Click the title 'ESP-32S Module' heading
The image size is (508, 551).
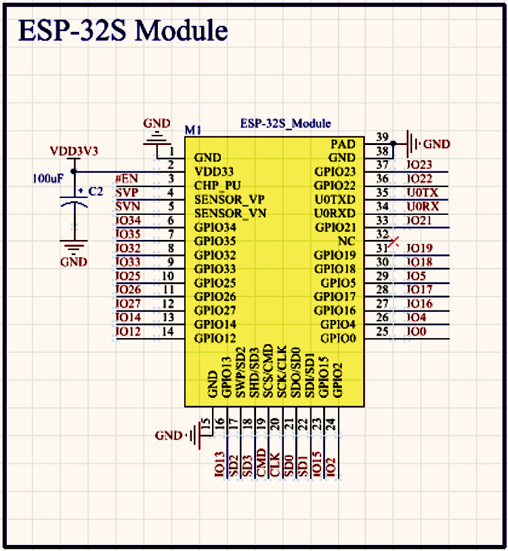[123, 30]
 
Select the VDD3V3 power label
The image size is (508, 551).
[74, 151]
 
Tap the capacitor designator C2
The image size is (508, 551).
[96, 192]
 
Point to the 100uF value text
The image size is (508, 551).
[48, 178]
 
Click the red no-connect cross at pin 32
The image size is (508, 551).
[394, 242]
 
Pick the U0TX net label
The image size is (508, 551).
[423, 192]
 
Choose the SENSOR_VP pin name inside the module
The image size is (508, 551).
[230, 200]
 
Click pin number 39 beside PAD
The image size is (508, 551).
[382, 137]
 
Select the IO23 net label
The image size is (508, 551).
[419, 165]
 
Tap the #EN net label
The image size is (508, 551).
[127, 178]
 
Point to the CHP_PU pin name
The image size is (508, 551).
[217, 186]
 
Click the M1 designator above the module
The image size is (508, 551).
[193, 130]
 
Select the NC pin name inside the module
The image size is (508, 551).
[347, 241]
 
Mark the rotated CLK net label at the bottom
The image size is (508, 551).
[275, 464]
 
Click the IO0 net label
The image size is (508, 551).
[417, 331]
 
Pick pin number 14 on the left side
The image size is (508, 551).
[168, 331]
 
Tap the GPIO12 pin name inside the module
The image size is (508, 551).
[215, 338]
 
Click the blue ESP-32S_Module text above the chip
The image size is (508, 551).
[286, 124]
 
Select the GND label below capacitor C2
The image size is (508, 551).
[73, 262]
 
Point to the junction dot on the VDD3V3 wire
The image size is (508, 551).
[74, 171]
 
